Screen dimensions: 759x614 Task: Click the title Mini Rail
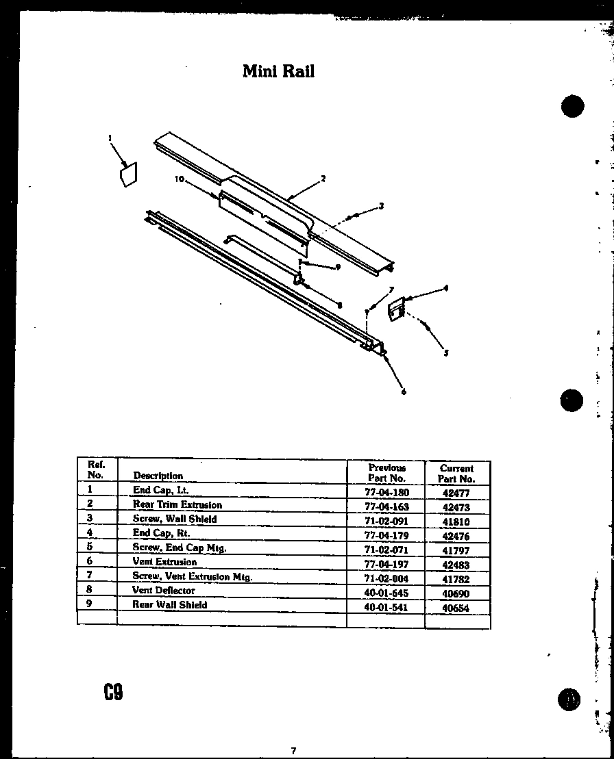point(278,71)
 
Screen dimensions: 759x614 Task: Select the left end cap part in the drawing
point(128,175)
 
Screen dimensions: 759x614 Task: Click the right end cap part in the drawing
point(395,309)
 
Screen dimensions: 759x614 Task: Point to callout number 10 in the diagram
point(180,179)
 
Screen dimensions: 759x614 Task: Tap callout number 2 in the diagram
point(323,179)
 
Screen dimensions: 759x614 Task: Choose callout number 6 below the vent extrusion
point(404,392)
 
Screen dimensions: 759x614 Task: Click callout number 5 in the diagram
point(446,353)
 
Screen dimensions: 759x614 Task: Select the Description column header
point(158,476)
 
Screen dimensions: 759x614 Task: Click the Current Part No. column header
point(456,474)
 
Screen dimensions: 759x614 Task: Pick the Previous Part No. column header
point(387,473)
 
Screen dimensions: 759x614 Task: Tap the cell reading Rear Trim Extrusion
point(177,504)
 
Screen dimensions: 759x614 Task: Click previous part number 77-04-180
point(387,491)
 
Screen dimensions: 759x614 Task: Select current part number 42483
point(456,565)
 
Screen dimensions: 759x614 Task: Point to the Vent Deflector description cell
point(164,590)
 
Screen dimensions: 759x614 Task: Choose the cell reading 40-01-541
point(387,607)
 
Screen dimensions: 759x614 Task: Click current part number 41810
point(456,522)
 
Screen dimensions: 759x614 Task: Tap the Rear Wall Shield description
point(169,605)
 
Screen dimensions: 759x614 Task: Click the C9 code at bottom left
point(113,693)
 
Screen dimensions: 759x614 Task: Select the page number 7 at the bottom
point(293,751)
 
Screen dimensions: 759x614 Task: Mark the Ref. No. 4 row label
point(90,532)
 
